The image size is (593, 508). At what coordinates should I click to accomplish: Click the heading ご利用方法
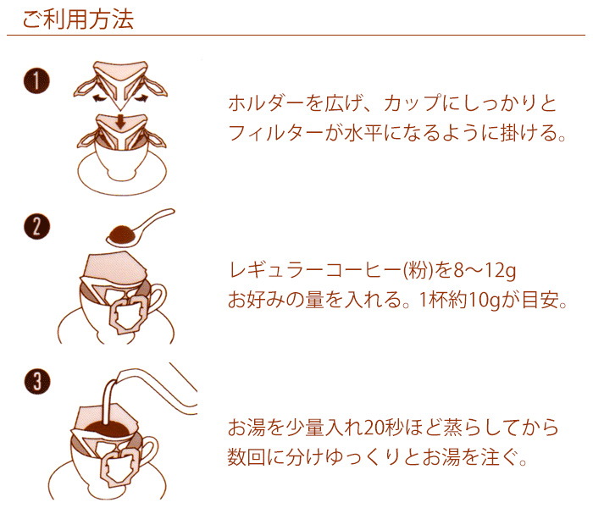[78, 19]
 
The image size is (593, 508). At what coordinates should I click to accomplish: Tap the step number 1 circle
[36, 81]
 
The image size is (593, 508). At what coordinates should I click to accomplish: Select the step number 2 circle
[36, 227]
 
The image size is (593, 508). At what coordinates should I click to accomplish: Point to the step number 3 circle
[37, 381]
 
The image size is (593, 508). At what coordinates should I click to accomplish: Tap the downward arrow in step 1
[120, 122]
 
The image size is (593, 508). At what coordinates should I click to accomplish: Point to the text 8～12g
[485, 271]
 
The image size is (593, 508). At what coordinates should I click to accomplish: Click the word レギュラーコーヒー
[315, 271]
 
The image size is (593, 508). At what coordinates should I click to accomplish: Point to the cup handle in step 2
[158, 297]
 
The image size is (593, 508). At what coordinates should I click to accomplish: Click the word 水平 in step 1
[363, 133]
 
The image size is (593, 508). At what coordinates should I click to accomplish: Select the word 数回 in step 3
[247, 457]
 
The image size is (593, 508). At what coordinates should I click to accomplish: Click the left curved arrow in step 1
[99, 99]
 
